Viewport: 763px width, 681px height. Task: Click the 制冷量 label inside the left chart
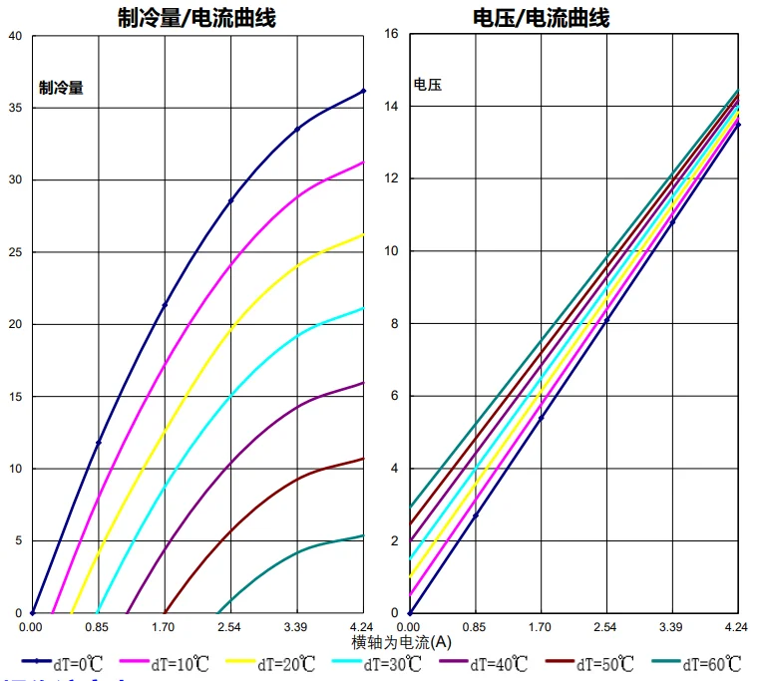[x=61, y=87]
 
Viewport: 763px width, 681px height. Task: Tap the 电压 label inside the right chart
[x=427, y=85]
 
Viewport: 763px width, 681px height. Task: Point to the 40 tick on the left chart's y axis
[x=14, y=36]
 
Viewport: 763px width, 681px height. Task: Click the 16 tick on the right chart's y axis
[x=392, y=34]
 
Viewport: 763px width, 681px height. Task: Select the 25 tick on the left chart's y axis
[x=14, y=252]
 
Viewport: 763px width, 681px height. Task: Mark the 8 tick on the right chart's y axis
[x=395, y=323]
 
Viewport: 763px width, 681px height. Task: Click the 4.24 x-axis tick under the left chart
[x=363, y=627]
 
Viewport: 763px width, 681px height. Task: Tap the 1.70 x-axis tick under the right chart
[x=541, y=627]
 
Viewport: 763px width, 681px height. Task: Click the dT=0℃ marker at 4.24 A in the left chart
[x=363, y=91]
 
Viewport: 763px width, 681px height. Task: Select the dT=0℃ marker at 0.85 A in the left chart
[x=98, y=443]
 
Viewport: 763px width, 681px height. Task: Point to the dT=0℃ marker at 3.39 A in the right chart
[x=671, y=221]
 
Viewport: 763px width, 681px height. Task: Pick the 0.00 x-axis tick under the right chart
[x=410, y=627]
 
